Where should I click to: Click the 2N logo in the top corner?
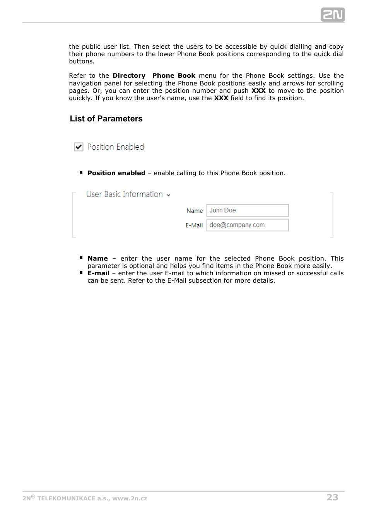pos(333,15)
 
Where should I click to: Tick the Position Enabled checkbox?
pos(79,147)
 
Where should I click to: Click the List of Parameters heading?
pos(106,119)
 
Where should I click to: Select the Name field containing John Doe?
pos(248,210)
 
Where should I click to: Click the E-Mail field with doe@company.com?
pos(248,225)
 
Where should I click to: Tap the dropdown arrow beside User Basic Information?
pos(169,195)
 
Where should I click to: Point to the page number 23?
pos(332,497)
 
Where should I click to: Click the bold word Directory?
pos(129,76)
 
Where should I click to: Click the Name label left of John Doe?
pos(194,211)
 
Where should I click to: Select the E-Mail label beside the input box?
pos(194,225)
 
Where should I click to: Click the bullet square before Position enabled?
pos(81,172)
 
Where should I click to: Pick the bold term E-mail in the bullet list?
pos(98,273)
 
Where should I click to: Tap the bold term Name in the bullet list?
pos(97,259)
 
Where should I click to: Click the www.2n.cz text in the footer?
pos(130,498)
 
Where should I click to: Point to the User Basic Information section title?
pos(124,194)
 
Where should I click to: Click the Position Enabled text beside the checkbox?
pos(115,147)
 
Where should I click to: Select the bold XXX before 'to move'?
pos(258,91)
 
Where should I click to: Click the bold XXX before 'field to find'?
pos(221,98)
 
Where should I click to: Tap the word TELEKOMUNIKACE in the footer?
pos(66,498)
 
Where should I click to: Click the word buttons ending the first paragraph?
pos(81,61)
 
